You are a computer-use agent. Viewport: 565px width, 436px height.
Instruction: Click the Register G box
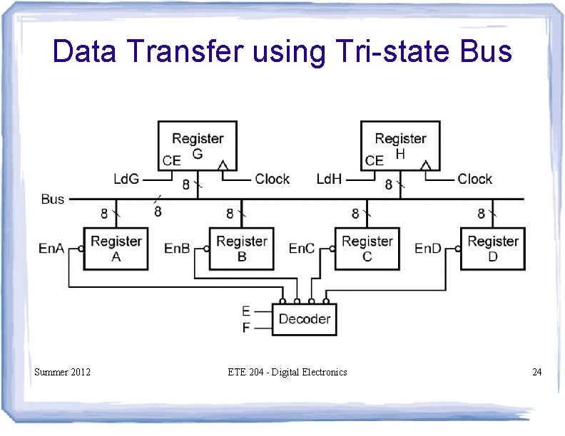197,145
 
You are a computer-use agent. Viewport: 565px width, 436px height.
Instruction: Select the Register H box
399,145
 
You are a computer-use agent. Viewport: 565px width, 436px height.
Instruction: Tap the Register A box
116,249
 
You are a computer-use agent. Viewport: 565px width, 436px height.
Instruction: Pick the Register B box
241,249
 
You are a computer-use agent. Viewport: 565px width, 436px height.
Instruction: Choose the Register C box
367,249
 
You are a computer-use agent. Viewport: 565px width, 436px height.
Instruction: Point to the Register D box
492,249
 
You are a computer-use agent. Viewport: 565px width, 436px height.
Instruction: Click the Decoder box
304,319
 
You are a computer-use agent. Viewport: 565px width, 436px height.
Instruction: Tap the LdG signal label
127,179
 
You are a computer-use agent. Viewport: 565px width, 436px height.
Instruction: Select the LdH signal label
330,179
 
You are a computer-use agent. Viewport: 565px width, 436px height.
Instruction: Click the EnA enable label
51,249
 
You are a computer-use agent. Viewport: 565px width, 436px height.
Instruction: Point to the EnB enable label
177,249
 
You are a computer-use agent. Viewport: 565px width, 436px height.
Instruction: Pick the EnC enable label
302,249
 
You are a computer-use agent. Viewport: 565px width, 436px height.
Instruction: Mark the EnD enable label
428,249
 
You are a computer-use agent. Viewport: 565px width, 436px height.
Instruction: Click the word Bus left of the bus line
53,199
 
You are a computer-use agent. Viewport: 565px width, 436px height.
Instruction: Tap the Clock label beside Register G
273,179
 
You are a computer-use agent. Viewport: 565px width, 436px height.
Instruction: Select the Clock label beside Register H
475,179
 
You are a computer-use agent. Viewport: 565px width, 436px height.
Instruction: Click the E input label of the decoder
246,311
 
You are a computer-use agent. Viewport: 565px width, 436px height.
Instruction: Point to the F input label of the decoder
246,328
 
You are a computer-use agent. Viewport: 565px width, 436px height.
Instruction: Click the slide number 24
536,372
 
